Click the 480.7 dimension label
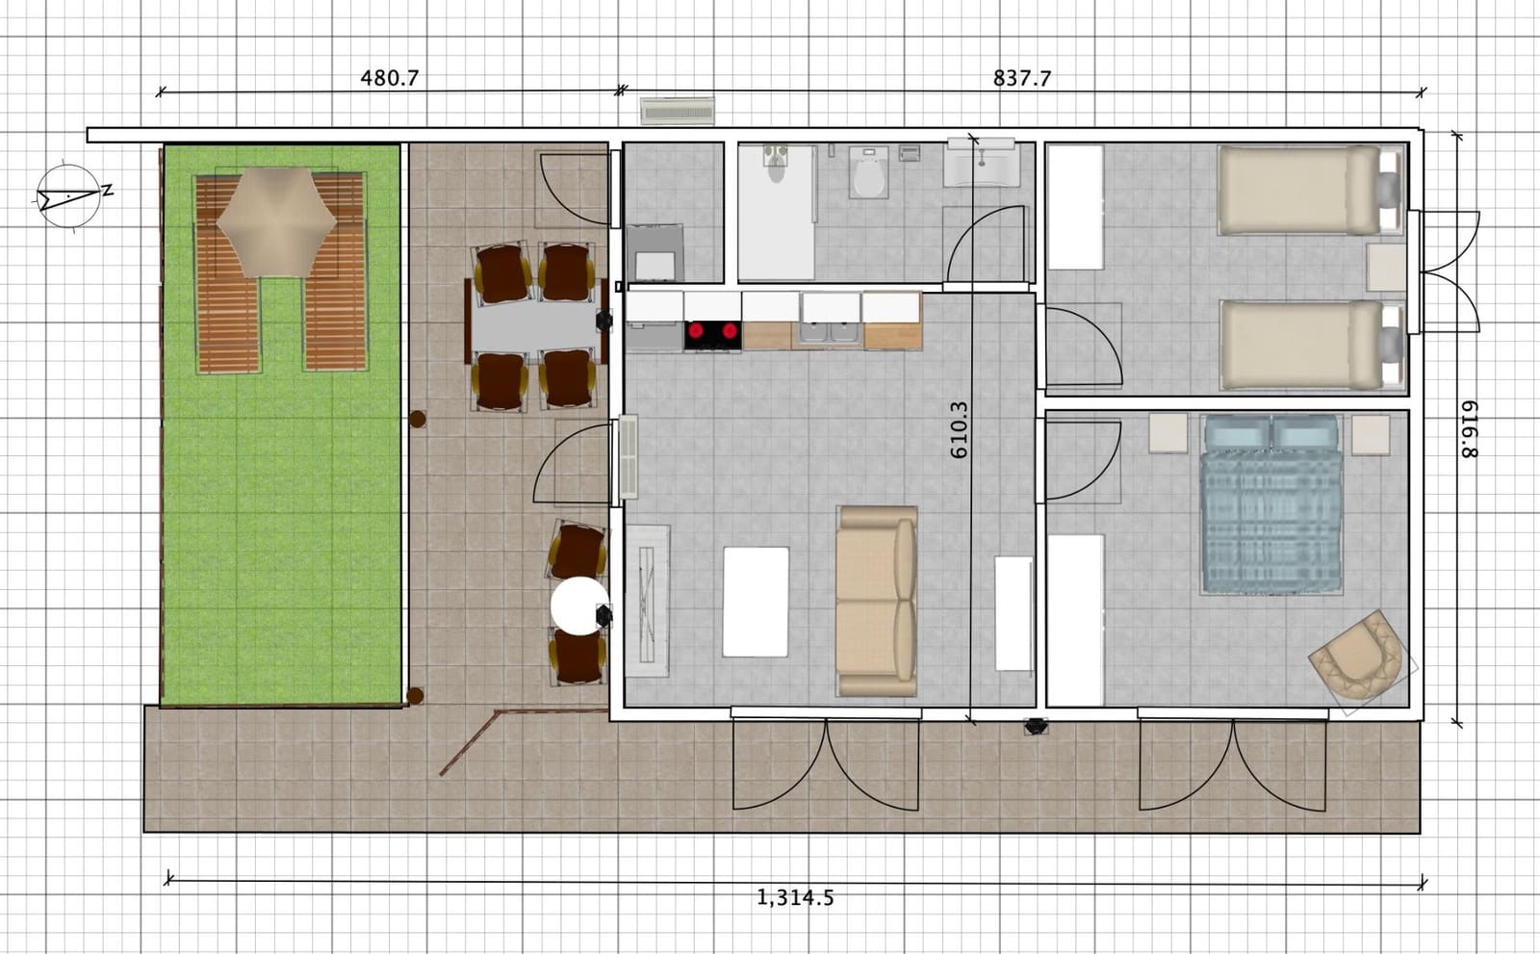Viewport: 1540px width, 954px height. point(389,78)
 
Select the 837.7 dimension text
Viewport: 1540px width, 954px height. point(1021,78)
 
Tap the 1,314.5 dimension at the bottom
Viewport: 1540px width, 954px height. point(795,897)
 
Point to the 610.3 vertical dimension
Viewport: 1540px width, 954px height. point(959,430)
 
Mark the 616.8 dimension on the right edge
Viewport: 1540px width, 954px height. point(1468,429)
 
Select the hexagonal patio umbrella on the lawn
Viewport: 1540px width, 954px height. point(276,222)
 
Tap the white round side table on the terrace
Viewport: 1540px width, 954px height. point(579,606)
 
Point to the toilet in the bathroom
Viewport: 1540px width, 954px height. point(868,172)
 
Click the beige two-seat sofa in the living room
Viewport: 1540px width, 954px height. point(877,602)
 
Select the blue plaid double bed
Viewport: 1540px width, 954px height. point(1271,504)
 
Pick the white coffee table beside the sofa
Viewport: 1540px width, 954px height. point(756,602)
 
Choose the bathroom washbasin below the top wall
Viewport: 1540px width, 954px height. point(982,163)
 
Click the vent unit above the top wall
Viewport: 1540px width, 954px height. point(678,111)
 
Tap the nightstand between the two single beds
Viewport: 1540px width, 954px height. point(1386,268)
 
